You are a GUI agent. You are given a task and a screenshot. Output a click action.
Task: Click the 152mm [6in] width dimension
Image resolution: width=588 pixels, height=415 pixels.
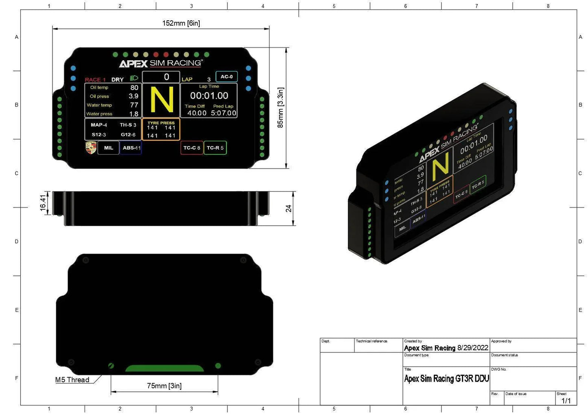pyautogui.click(x=181, y=23)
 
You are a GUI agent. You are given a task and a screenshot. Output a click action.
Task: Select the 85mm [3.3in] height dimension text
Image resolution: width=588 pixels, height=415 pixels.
pyautogui.click(x=280, y=108)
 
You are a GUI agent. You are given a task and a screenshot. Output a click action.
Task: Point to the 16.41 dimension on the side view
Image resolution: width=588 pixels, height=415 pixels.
pyautogui.click(x=43, y=202)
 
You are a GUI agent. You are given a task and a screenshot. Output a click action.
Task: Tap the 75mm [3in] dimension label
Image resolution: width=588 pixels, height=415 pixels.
pyautogui.click(x=164, y=386)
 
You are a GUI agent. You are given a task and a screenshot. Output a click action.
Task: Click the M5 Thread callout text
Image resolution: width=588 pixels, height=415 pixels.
pyautogui.click(x=72, y=380)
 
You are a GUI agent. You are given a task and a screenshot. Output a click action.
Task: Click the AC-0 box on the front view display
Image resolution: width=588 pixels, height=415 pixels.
pyautogui.click(x=227, y=77)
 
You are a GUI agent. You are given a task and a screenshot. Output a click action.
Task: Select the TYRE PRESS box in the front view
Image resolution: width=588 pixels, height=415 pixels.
pyautogui.click(x=161, y=129)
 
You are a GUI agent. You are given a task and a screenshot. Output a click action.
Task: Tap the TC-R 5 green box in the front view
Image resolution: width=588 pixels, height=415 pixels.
pyautogui.click(x=215, y=148)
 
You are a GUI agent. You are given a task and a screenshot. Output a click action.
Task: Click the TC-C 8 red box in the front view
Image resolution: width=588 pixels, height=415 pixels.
pyautogui.click(x=192, y=148)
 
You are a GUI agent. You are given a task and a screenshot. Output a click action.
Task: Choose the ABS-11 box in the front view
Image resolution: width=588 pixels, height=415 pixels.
pyautogui.click(x=131, y=148)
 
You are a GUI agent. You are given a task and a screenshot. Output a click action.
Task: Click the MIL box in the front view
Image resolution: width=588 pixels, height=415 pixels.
pyautogui.click(x=109, y=148)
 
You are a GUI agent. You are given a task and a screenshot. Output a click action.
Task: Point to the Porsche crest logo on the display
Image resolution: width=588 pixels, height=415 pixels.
pyautogui.click(x=91, y=147)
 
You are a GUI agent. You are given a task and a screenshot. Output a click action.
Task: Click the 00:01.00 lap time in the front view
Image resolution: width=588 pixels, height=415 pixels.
pyautogui.click(x=209, y=96)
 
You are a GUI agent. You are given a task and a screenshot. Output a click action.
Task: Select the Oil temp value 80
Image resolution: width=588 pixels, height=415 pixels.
pyautogui.click(x=134, y=88)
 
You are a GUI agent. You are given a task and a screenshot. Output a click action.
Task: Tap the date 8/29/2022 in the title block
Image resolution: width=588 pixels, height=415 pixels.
pyautogui.click(x=473, y=348)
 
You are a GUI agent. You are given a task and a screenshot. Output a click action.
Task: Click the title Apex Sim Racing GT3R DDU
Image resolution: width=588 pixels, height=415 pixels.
pyautogui.click(x=446, y=379)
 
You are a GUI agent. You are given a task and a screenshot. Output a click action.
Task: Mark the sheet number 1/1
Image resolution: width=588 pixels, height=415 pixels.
pyautogui.click(x=566, y=401)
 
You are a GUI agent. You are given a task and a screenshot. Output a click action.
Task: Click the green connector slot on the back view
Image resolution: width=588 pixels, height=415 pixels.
pyautogui.click(x=164, y=368)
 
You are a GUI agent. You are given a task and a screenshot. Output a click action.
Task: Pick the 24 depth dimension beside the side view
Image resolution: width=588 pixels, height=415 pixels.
pyautogui.click(x=289, y=208)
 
